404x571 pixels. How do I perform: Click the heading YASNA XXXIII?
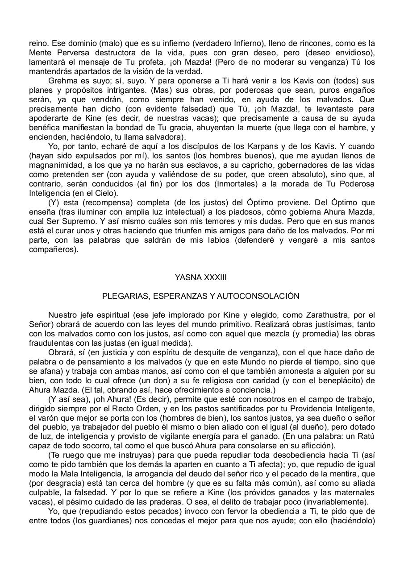201,277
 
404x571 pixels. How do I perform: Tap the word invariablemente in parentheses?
339,502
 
